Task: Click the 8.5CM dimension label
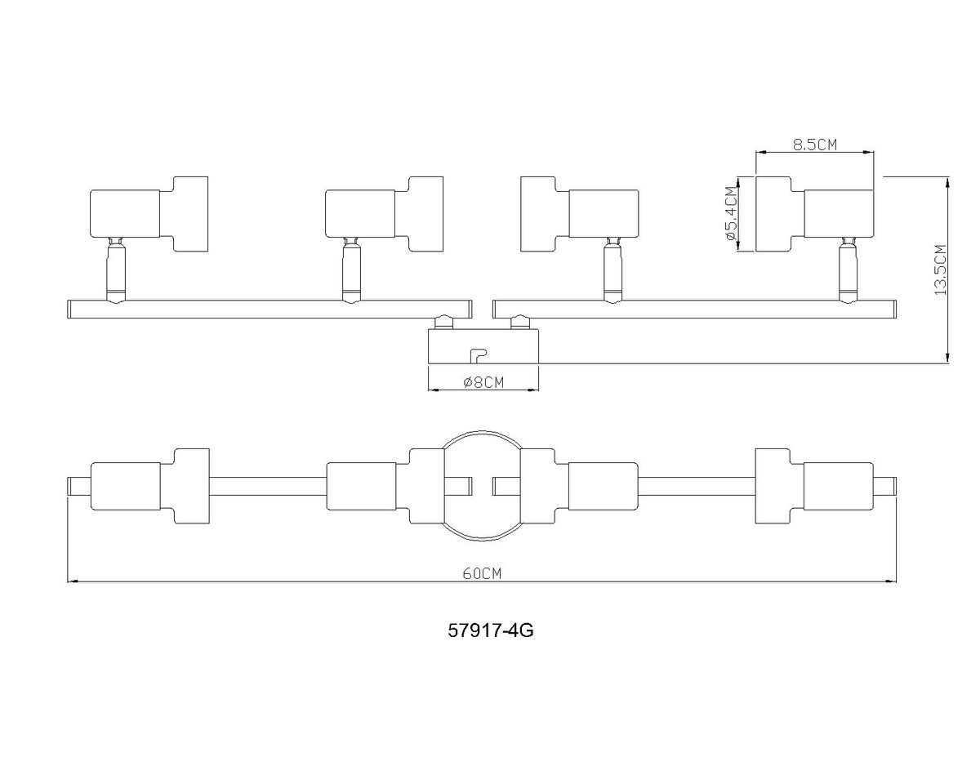tap(815, 145)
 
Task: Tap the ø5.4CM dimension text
tap(730, 214)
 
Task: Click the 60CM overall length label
tap(481, 572)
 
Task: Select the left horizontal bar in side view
tap(269, 309)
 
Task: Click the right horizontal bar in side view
tap(694, 309)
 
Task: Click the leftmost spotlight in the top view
tap(148, 486)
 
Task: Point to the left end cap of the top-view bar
tap(78, 486)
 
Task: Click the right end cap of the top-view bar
tap(885, 486)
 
